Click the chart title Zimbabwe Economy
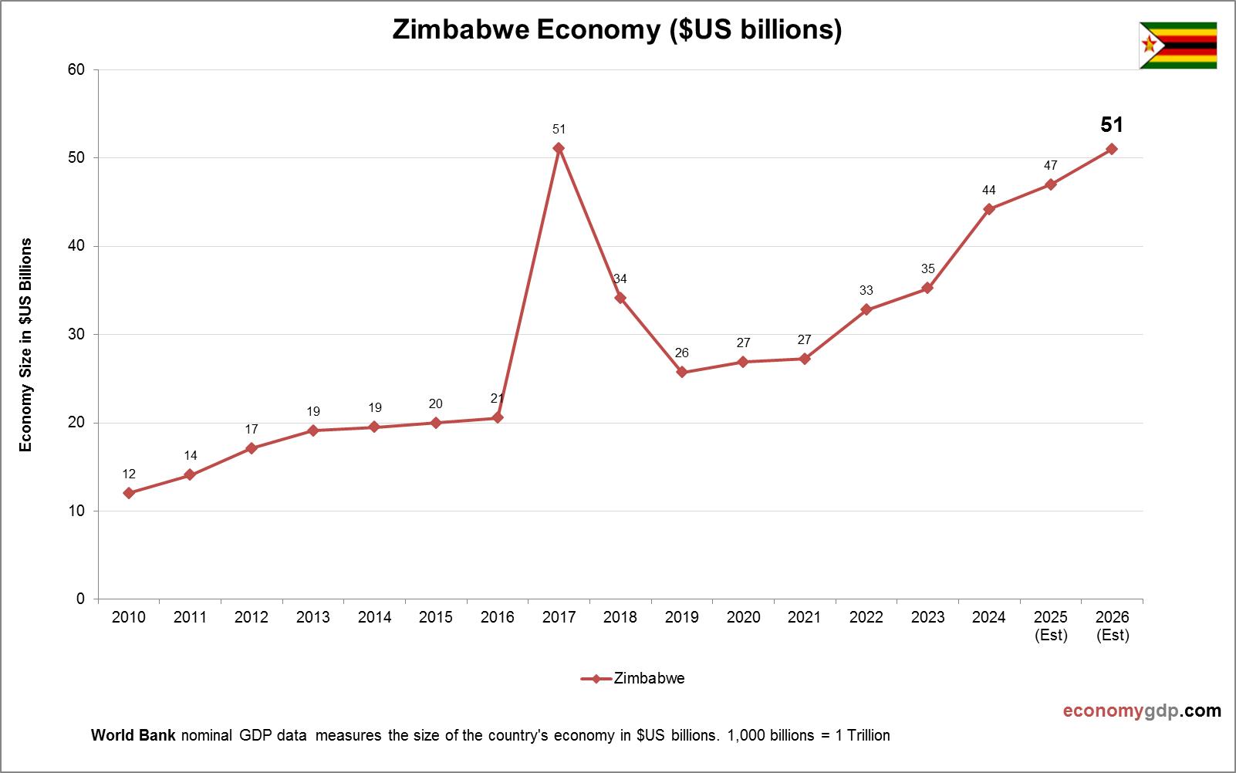(x=616, y=29)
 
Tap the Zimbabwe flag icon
(x=1177, y=46)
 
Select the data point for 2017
(x=559, y=148)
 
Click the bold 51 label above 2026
(x=1111, y=125)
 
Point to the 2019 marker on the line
(x=682, y=373)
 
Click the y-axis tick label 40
(x=76, y=246)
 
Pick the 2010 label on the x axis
(x=129, y=617)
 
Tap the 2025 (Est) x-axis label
(x=1050, y=626)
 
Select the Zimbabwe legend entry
(x=633, y=679)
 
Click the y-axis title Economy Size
(x=26, y=345)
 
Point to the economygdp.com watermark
(x=1141, y=711)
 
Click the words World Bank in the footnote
(x=133, y=735)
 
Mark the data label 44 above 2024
(x=988, y=190)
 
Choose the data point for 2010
(x=129, y=493)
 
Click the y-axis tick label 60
(x=76, y=69)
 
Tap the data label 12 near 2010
(x=129, y=474)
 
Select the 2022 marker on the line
(x=866, y=309)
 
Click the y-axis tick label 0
(x=80, y=599)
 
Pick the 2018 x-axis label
(x=620, y=617)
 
